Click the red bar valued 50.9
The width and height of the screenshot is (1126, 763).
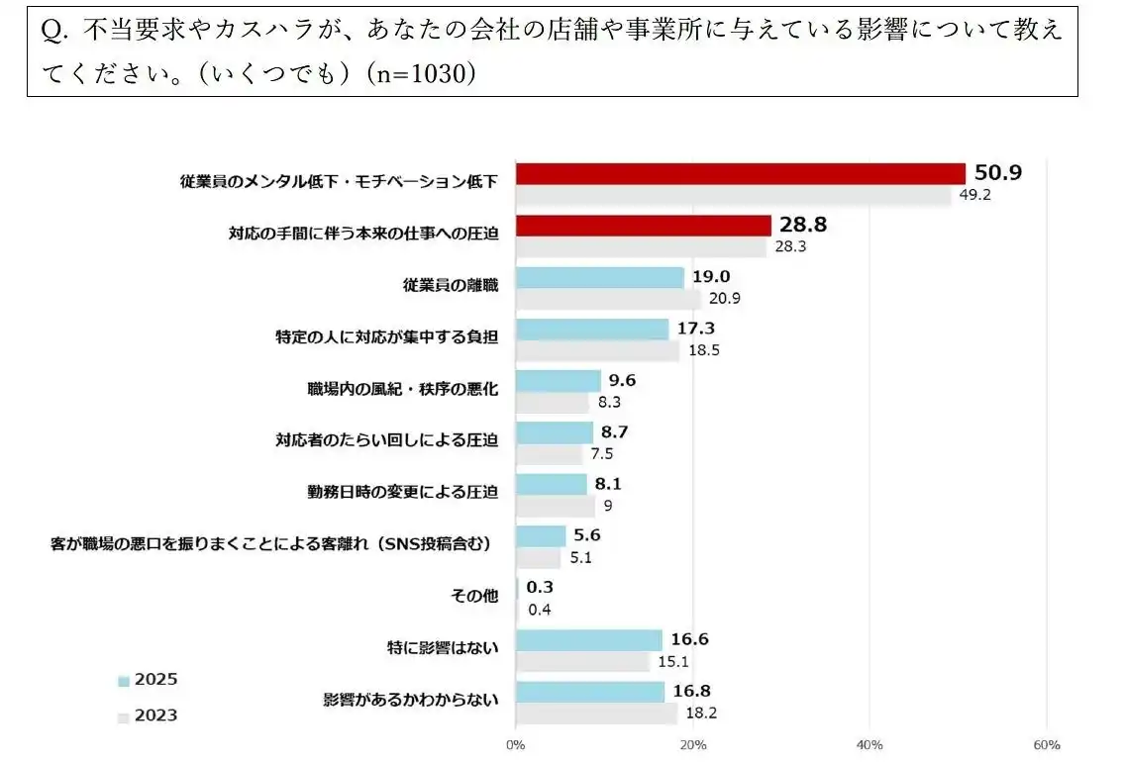[740, 173]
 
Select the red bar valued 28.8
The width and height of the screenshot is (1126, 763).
[643, 226]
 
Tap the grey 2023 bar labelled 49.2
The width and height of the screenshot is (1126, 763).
[733, 195]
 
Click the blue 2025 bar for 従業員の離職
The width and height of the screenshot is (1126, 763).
[599, 278]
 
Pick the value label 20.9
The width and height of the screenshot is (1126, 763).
[725, 299]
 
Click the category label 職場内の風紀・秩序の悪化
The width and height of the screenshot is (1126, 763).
[403, 389]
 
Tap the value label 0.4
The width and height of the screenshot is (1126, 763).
[540, 610]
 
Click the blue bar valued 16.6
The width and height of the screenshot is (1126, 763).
[588, 639]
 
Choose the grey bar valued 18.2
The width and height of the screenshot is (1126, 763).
[596, 713]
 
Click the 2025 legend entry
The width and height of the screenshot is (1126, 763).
[149, 680]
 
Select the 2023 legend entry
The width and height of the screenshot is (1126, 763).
[149, 715]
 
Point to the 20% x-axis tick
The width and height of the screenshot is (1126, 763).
[692, 744]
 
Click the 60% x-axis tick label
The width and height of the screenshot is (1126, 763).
[1046, 744]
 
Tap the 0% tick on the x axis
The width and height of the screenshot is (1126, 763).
[516, 744]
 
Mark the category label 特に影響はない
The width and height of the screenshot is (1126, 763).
[443, 648]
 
